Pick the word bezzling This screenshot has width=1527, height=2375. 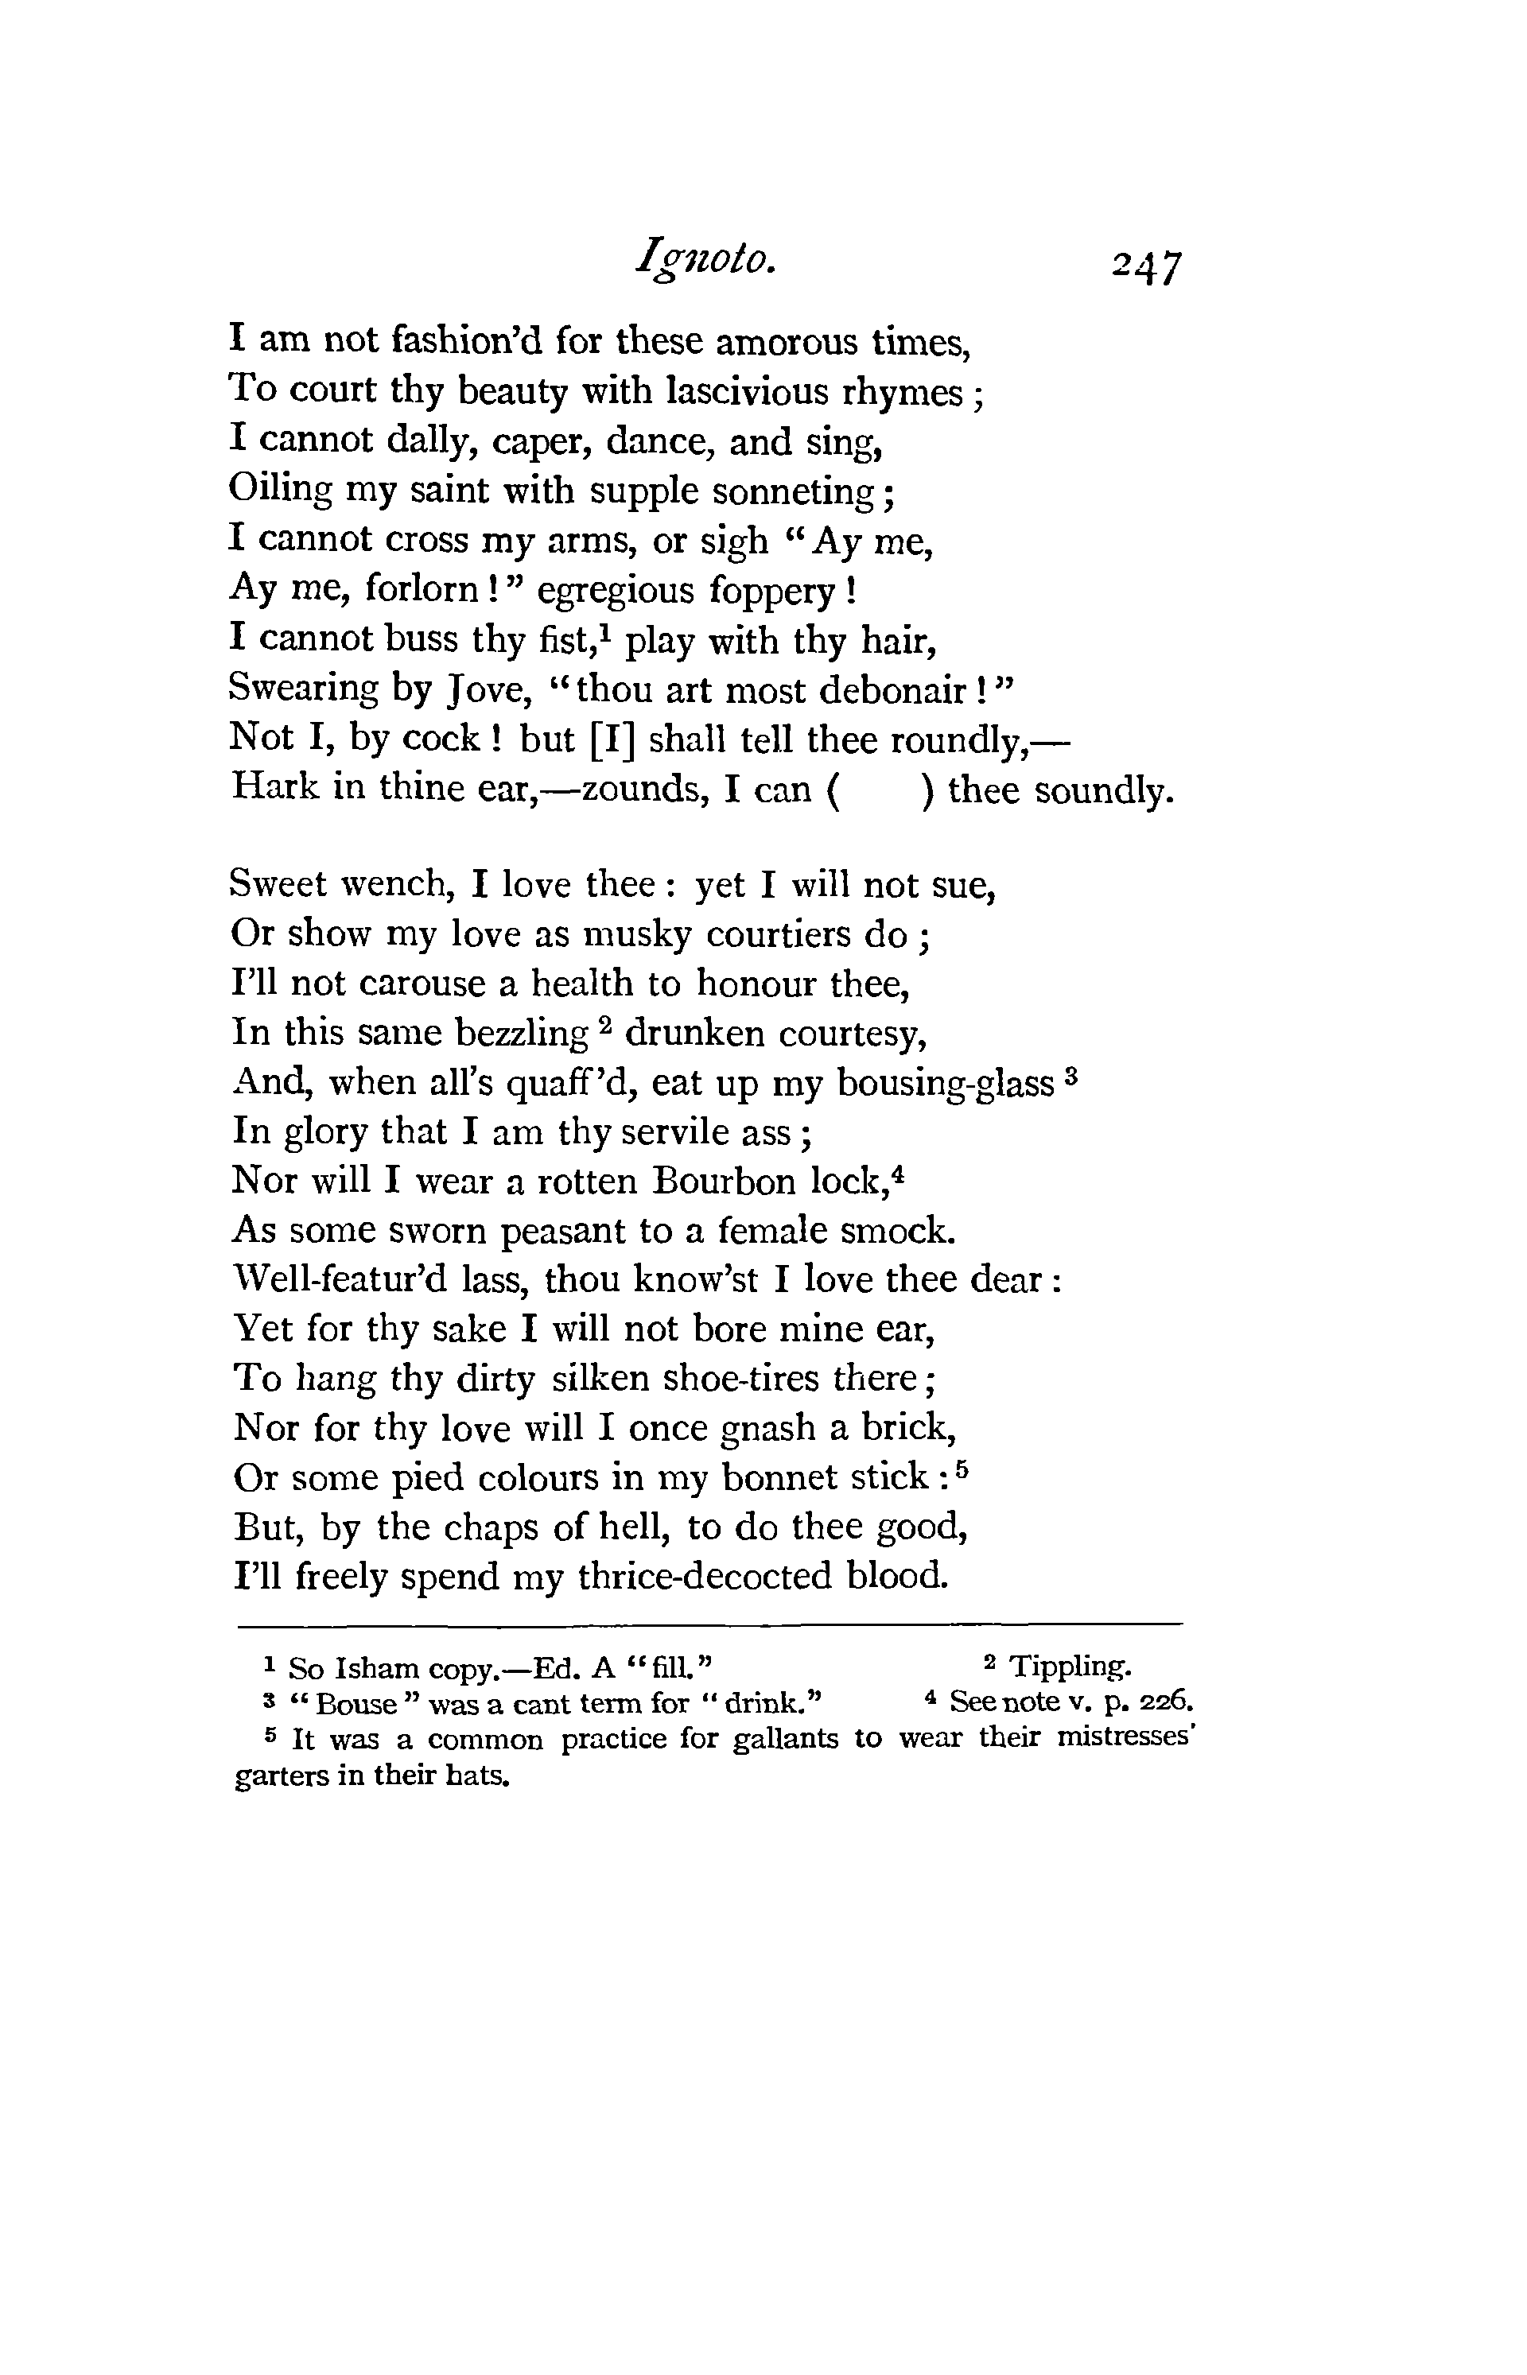tap(521, 1034)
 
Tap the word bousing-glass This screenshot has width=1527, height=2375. tap(946, 1084)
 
